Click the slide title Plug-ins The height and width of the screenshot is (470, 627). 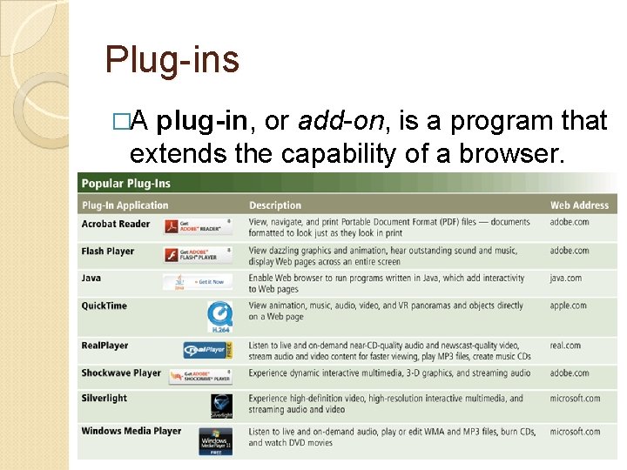pyautogui.click(x=172, y=60)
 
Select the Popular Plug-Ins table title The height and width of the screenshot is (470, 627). pyautogui.click(x=126, y=184)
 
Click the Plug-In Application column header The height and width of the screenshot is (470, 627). pyautogui.click(x=125, y=205)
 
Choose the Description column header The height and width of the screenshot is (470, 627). pyautogui.click(x=274, y=205)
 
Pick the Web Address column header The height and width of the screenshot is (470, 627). pyautogui.click(x=579, y=205)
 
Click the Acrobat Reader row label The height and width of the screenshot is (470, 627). pyautogui.click(x=116, y=224)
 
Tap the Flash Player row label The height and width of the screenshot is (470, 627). pyautogui.click(x=108, y=252)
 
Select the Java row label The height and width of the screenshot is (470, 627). pyautogui.click(x=91, y=279)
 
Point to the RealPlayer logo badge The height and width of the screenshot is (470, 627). pyautogui.click(x=207, y=350)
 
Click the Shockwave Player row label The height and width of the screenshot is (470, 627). pyautogui.click(x=121, y=373)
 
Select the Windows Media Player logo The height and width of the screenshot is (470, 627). pyautogui.click(x=215, y=441)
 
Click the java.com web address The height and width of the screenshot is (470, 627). pyautogui.click(x=569, y=279)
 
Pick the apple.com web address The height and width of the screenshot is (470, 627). pyautogui.click(x=569, y=305)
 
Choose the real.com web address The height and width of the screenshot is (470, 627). pyautogui.click(x=565, y=346)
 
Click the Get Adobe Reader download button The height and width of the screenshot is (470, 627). pyautogui.click(x=199, y=225)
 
